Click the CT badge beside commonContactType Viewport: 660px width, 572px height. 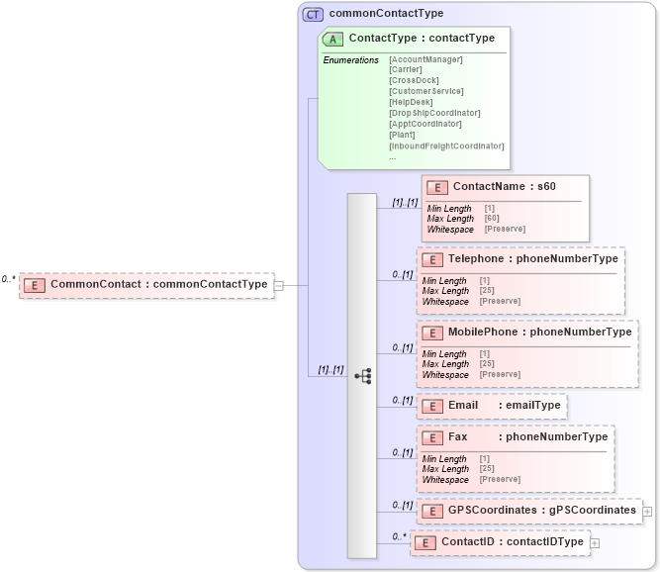(x=313, y=14)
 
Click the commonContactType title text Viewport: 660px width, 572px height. (x=386, y=14)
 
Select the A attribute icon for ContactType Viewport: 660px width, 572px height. (x=334, y=39)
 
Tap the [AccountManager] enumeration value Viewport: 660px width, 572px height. (x=425, y=59)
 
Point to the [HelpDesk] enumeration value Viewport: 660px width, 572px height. (x=412, y=102)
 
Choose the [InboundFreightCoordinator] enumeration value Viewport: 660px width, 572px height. (x=446, y=145)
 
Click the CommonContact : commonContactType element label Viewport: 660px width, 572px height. (x=158, y=285)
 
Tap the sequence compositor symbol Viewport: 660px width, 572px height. (x=363, y=376)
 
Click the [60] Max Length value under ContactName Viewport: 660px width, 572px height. (x=492, y=219)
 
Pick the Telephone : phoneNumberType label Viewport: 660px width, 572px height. (x=532, y=259)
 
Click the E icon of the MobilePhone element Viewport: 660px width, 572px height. (x=430, y=333)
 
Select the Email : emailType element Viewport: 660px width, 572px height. (x=491, y=406)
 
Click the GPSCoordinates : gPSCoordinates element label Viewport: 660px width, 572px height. (x=541, y=511)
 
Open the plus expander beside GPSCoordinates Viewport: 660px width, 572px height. (x=647, y=512)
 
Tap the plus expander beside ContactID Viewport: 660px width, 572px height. (x=595, y=542)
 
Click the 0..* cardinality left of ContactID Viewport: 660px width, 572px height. (x=399, y=536)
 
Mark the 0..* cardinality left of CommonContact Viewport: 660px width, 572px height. (x=8, y=279)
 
